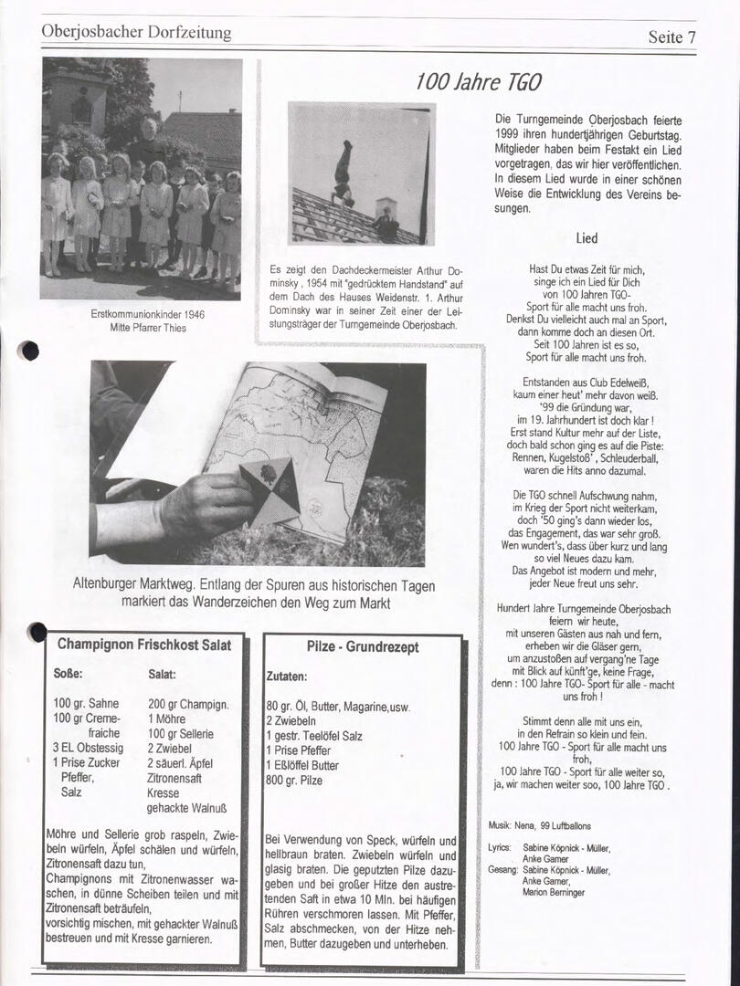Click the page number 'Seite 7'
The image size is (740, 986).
point(671,37)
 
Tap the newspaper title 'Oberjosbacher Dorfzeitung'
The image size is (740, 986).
point(136,32)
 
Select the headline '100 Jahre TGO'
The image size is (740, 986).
point(478,82)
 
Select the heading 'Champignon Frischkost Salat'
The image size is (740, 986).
point(144,645)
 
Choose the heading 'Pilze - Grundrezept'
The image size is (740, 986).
point(363,646)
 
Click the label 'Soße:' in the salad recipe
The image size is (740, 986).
point(69,674)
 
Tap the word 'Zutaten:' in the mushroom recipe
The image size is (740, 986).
point(287,677)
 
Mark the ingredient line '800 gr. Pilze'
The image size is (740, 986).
point(294,781)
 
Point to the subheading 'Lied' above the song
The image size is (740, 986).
point(587,238)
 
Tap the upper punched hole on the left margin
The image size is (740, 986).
point(29,351)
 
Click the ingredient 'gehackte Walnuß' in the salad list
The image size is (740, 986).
point(186,808)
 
